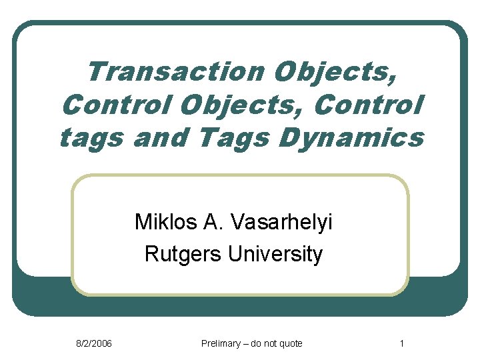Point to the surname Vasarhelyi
tap(283, 221)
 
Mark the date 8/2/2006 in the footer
tap(93, 343)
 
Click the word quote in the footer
tap(291, 343)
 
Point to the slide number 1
tap(401, 343)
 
